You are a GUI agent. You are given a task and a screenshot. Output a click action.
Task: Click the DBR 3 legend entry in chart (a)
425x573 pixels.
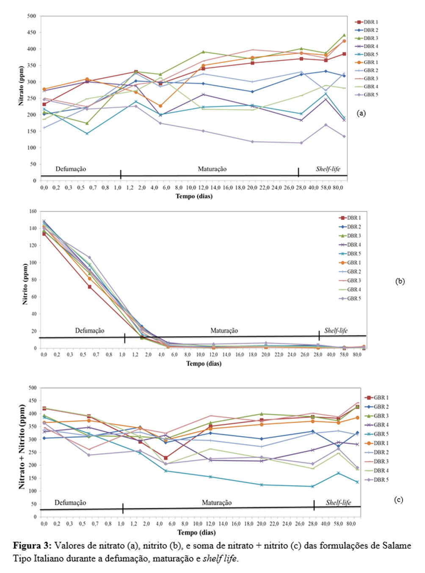click(x=367, y=38)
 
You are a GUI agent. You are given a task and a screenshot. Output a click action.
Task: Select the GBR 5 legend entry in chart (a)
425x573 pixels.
click(x=367, y=95)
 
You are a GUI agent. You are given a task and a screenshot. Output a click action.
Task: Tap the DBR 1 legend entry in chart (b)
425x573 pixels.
click(x=350, y=218)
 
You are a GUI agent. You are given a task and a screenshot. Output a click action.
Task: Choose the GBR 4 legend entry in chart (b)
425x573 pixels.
click(x=350, y=290)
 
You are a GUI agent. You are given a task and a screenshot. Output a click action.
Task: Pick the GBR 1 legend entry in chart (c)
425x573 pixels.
click(x=376, y=398)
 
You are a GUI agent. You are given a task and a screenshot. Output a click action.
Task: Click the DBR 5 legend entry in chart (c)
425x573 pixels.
click(x=376, y=480)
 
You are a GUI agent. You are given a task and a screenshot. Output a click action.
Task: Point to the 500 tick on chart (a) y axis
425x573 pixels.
click(x=32, y=16)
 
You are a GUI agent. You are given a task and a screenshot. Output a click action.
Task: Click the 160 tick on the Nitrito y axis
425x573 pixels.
click(x=33, y=211)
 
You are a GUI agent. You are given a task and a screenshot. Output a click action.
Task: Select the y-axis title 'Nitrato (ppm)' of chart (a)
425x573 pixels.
click(x=21, y=86)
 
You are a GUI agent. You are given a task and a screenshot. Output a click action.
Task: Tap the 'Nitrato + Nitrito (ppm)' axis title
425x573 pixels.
click(x=22, y=446)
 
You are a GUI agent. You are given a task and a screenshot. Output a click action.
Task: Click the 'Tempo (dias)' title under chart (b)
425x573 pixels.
click(x=204, y=364)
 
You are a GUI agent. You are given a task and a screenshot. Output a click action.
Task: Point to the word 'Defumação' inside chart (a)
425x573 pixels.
click(x=71, y=169)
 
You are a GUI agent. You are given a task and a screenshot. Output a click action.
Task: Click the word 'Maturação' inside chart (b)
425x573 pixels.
click(x=224, y=331)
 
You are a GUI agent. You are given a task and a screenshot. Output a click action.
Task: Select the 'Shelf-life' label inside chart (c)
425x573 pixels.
click(x=338, y=503)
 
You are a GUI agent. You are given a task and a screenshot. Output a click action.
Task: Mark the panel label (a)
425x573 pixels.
click(x=361, y=113)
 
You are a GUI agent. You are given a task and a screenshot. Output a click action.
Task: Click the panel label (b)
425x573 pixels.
click(x=400, y=281)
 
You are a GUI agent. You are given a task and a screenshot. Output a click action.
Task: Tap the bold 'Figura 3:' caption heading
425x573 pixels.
click(x=32, y=545)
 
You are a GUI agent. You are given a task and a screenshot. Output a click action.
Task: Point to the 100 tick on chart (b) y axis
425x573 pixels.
click(x=33, y=263)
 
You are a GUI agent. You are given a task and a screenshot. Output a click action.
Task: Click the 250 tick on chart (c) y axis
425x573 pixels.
click(x=32, y=452)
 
